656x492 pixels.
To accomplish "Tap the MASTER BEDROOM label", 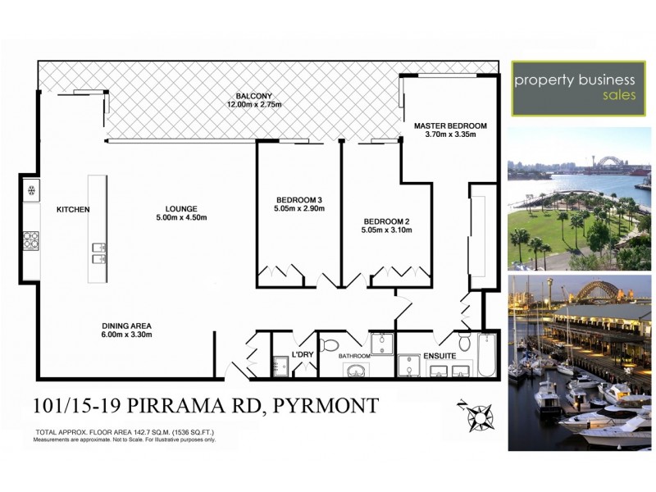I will pyautogui.click(x=450, y=125).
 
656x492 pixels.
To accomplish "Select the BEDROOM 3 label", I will pyautogui.click(x=299, y=199).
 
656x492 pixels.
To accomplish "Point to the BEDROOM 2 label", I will pyautogui.click(x=387, y=221).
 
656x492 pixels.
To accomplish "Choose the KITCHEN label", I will pyautogui.click(x=72, y=210).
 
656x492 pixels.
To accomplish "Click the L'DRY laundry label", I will pyautogui.click(x=303, y=354).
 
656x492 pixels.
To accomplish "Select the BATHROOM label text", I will pyautogui.click(x=355, y=356).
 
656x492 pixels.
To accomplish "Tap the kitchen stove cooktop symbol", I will pyautogui.click(x=31, y=240).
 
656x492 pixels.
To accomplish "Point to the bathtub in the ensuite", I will pyautogui.click(x=487, y=355).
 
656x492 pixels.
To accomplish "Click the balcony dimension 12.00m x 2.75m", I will pyautogui.click(x=254, y=105).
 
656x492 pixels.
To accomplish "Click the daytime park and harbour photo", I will pyautogui.click(x=579, y=198).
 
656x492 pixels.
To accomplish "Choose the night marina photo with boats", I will pyautogui.click(x=579, y=362).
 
